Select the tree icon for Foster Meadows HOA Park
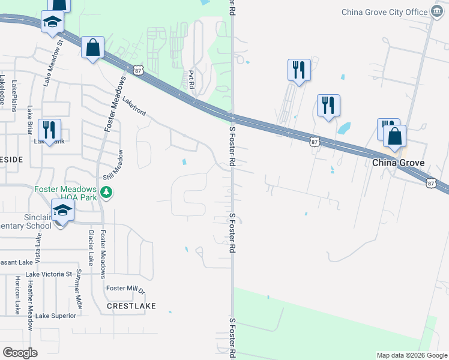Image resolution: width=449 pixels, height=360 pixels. click(106, 193)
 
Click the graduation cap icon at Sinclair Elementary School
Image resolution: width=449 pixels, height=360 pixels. click(62, 211)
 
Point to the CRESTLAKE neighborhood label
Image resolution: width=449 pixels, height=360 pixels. click(131, 306)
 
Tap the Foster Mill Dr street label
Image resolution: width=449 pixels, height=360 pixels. click(126, 289)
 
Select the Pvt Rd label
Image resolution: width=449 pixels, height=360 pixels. click(191, 80)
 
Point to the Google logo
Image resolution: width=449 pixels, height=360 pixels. click(20, 352)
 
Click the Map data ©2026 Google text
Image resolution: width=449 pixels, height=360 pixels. click(412, 355)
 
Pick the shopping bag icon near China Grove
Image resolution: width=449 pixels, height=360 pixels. click(394, 137)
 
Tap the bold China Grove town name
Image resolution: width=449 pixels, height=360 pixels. click(399, 163)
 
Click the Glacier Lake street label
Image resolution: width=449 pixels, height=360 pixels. click(91, 247)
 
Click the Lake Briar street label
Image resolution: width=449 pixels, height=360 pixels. click(29, 120)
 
